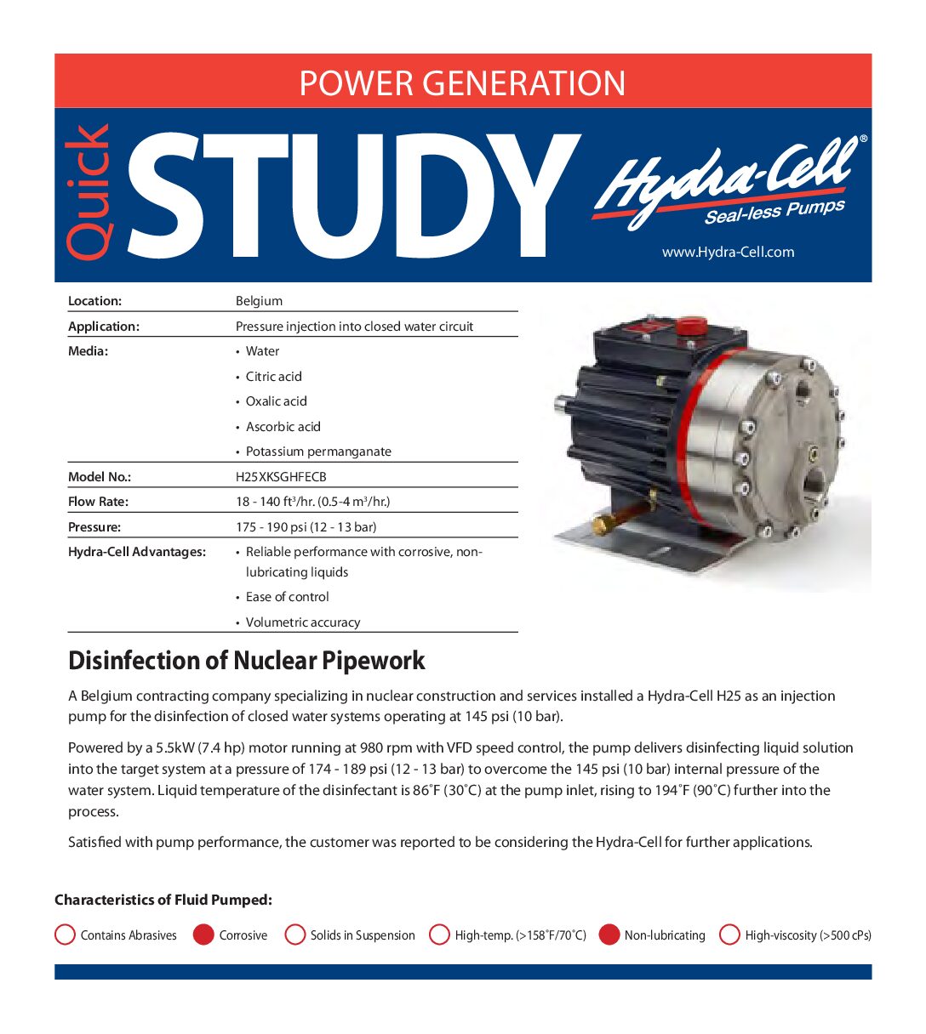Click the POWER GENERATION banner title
tap(462, 82)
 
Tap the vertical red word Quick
tap(89, 192)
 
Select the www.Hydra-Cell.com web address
tap(728, 252)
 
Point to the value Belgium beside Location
tap(259, 301)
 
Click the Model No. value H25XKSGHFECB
tap(281, 477)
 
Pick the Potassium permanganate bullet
tap(318, 452)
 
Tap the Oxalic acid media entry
tap(276, 401)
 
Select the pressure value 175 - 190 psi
tap(306, 527)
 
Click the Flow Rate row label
tap(98, 502)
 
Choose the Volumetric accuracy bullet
tap(302, 622)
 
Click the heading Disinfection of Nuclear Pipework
tap(246, 661)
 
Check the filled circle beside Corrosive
tap(203, 935)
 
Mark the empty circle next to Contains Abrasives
tap(65, 935)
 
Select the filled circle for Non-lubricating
tap(609, 935)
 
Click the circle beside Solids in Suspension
tap(295, 935)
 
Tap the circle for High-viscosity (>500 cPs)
tap(729, 935)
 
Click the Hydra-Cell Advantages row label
tap(137, 552)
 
